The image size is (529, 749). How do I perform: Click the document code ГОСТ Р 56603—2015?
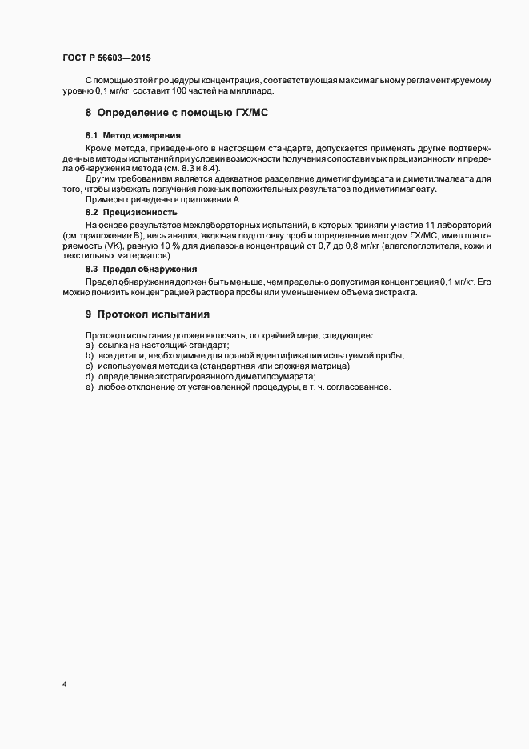(106, 58)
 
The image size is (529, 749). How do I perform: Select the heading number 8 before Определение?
(89, 114)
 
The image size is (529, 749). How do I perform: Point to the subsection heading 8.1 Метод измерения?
(133, 135)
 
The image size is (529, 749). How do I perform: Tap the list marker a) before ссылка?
(89, 345)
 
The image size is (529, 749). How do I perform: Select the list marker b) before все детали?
(89, 355)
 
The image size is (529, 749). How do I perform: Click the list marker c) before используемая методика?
(89, 366)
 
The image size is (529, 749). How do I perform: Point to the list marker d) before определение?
(89, 376)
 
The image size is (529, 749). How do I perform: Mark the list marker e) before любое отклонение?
(89, 387)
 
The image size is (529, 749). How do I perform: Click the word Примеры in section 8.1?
(104, 200)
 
